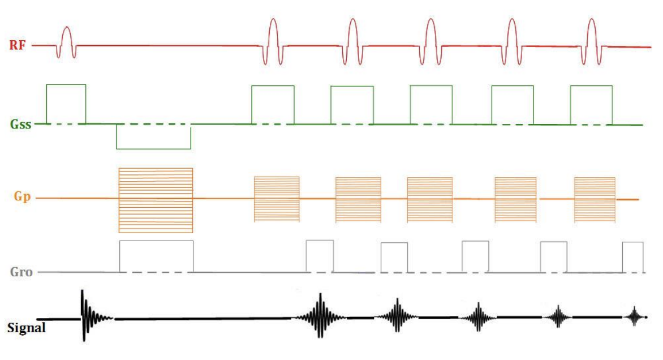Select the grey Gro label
21,272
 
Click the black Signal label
26,327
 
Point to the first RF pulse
67,41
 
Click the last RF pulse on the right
592,40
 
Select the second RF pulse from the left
273,40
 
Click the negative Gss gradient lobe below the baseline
153,136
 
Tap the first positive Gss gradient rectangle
66,104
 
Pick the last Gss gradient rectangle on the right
591,105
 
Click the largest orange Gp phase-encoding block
156,200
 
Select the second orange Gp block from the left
277,199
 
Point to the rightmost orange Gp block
595,199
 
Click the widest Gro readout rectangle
156,256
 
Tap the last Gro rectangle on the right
633,258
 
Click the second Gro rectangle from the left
320,256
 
